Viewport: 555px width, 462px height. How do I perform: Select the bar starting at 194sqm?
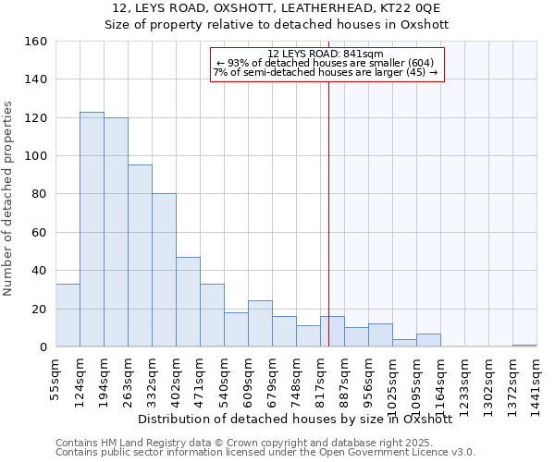(x=116, y=232)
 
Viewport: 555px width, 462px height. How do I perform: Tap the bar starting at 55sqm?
(x=68, y=315)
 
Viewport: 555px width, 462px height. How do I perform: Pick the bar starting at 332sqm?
(x=164, y=270)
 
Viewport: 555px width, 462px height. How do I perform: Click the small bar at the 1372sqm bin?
(x=524, y=345)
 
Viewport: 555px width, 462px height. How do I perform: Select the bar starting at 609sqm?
(x=260, y=323)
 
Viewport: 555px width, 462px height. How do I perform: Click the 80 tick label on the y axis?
(x=38, y=195)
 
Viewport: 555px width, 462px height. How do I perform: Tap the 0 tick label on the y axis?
(x=42, y=347)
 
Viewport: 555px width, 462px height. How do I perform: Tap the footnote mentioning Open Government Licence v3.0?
(x=265, y=453)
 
